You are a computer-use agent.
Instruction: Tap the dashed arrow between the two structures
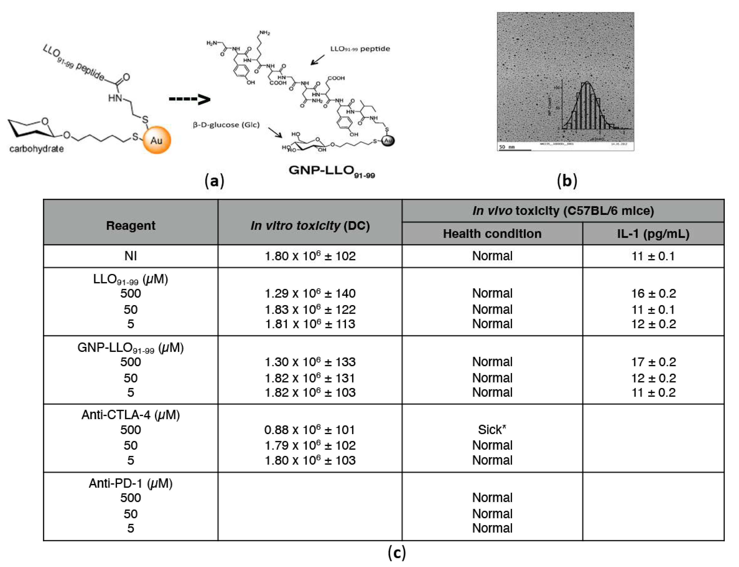point(189,99)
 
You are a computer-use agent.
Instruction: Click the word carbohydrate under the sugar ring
point(36,149)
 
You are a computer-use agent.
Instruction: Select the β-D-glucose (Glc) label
point(226,125)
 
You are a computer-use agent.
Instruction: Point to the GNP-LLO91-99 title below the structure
point(332,171)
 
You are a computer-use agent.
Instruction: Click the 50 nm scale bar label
point(507,147)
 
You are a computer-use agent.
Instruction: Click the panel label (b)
point(567,181)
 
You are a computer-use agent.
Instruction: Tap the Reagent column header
point(131,225)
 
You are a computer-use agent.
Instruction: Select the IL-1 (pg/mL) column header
point(653,233)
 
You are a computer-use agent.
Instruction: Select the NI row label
point(131,256)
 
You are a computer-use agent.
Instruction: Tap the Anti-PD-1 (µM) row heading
point(131,483)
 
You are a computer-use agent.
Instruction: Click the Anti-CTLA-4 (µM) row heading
point(131,415)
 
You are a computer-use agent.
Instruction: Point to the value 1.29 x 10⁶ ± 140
point(310,293)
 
